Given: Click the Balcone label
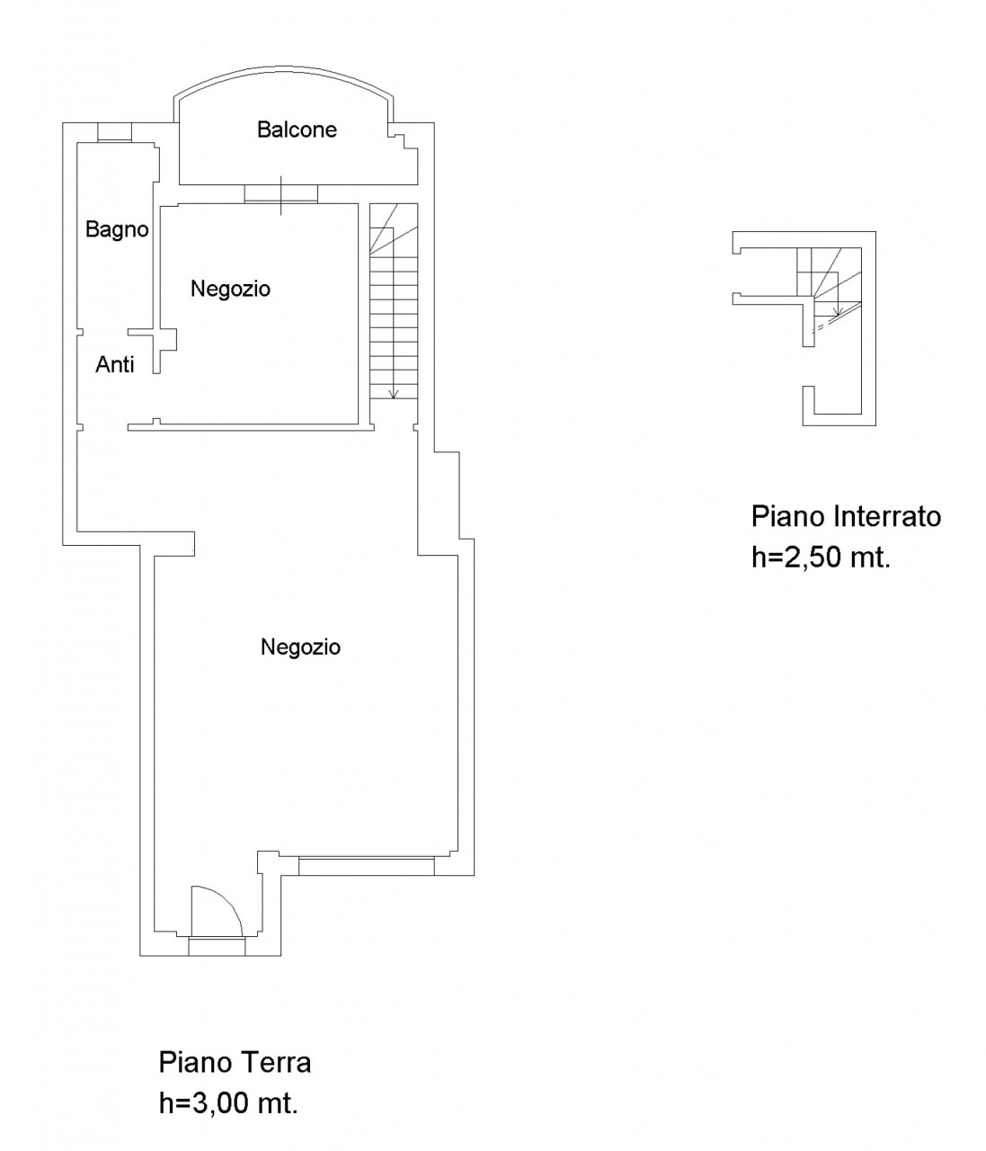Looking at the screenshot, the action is pos(297,129).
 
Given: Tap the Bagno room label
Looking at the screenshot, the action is pos(117,229).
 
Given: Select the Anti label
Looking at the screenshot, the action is pos(115,365).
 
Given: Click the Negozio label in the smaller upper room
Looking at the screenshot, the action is pos(230,289).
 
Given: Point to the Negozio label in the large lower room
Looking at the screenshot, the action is pos(300,647).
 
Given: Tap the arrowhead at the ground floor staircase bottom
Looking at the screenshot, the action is pos(394,394).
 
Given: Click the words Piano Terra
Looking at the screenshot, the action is pos(235,1063).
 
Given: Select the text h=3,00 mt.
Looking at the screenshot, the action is pos(228,1103).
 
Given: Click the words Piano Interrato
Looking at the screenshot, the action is pos(846,516).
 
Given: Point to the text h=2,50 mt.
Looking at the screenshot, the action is pos(822,557).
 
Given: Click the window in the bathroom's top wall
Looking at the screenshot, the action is pos(115,132).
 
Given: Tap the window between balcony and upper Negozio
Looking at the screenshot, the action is pos(281,194).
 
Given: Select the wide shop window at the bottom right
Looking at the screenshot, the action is pos(366,867).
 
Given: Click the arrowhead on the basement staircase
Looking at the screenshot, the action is pos(836,311).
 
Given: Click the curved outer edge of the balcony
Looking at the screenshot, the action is pos(284,68).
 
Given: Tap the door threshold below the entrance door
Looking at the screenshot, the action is pos(217,946).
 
